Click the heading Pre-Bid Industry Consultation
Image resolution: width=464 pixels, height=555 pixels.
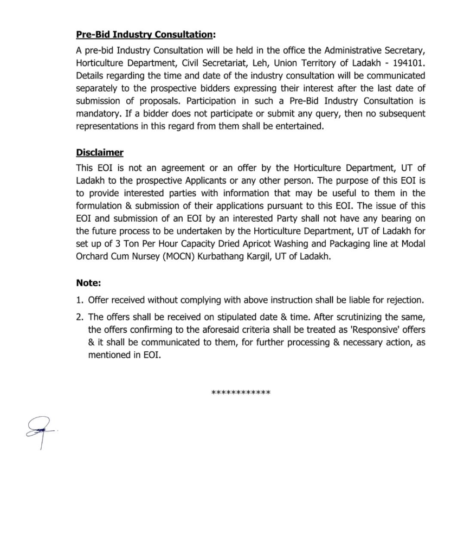145,35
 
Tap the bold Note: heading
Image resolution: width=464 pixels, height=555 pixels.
88,282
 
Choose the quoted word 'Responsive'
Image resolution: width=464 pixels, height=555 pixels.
364,330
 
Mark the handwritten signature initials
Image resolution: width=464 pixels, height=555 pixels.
40,430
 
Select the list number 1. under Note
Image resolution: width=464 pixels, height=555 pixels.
80,300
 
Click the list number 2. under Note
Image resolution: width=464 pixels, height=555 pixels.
80,317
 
